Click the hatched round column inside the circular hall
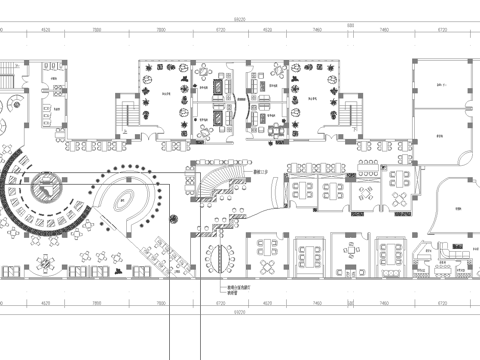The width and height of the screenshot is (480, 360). pyautogui.click(x=45, y=185)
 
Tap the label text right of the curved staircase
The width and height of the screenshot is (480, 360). pyautogui.click(x=261, y=173)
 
